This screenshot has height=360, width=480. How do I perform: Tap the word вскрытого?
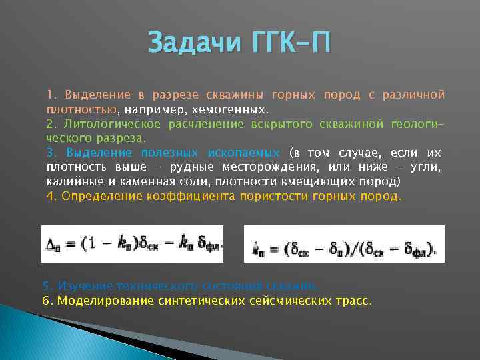pos(261,124)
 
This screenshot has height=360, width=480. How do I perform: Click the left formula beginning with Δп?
pos(134,243)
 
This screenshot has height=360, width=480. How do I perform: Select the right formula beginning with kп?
pos(344,244)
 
